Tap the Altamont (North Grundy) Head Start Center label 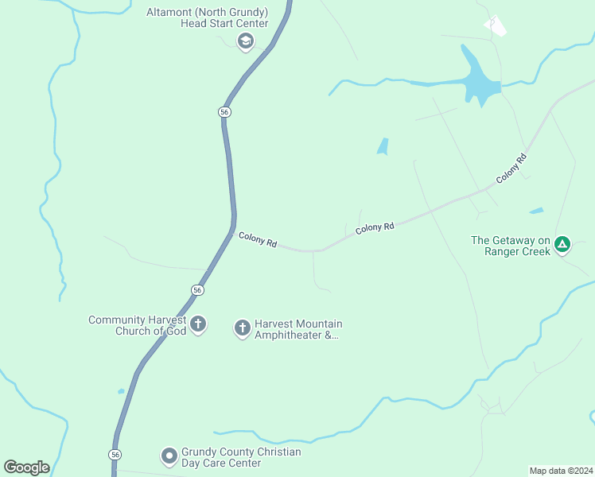click(207, 17)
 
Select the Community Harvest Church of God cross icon click(198, 324)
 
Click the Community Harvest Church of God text click(138, 325)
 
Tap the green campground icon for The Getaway click(562, 244)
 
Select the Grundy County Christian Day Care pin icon click(169, 456)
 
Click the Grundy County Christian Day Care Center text click(230, 457)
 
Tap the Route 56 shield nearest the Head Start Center click(225, 113)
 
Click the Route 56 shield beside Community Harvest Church click(197, 290)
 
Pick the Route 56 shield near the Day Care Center click(116, 454)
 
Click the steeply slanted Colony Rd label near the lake click(511, 169)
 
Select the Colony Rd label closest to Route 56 click(258, 239)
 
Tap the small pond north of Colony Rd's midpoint click(383, 146)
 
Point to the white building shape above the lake click(496, 26)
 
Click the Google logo click(26, 467)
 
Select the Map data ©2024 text click(560, 470)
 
